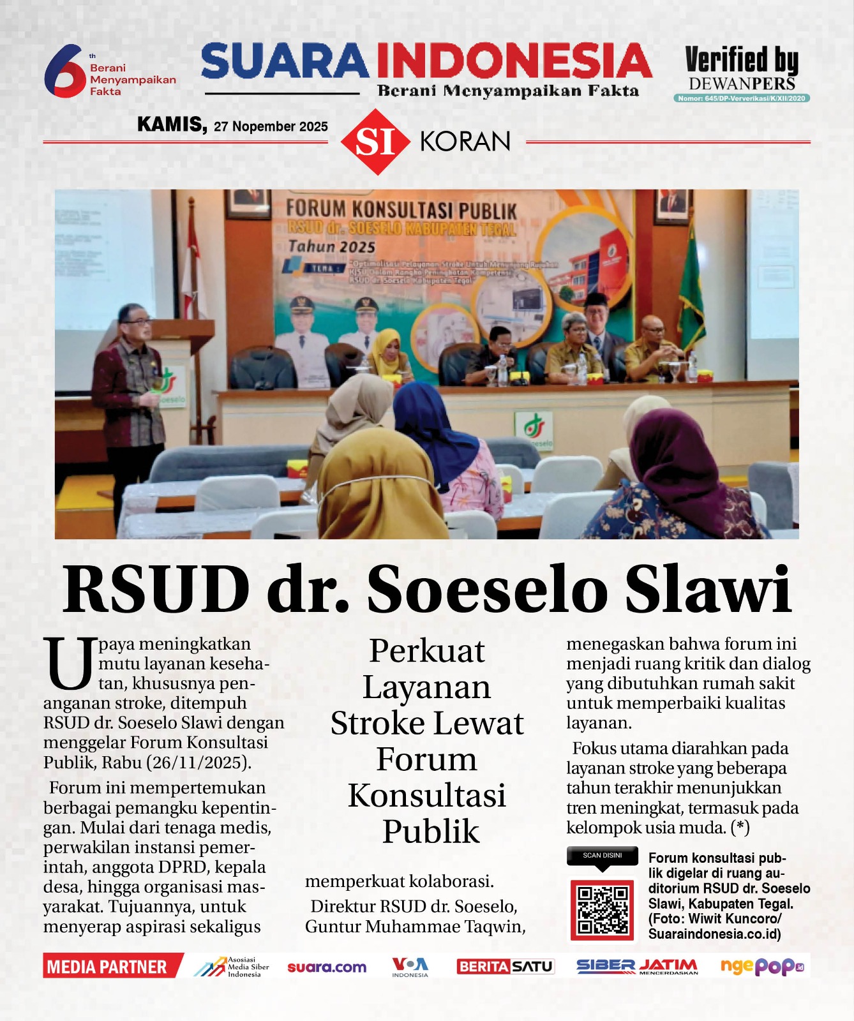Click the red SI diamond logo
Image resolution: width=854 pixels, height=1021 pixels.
pyautogui.click(x=375, y=142)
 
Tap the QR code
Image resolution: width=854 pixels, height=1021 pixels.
pyautogui.click(x=602, y=910)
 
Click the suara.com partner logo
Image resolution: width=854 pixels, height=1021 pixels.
pyautogui.click(x=327, y=967)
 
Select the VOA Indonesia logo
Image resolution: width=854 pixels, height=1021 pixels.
pyautogui.click(x=410, y=967)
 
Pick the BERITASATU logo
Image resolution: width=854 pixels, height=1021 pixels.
pyautogui.click(x=505, y=967)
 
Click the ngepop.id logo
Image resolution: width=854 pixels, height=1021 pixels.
pyautogui.click(x=761, y=967)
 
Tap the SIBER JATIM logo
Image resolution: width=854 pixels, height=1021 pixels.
pyautogui.click(x=637, y=967)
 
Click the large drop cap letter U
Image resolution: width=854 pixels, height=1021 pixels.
pyautogui.click(x=69, y=664)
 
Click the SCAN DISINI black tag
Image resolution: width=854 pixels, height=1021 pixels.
pyautogui.click(x=602, y=856)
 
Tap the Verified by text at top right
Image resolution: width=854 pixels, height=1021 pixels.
pyautogui.click(x=741, y=61)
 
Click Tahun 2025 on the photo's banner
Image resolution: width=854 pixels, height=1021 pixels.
pyautogui.click(x=331, y=246)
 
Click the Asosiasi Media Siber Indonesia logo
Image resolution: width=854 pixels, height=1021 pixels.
pyautogui.click(x=231, y=967)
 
